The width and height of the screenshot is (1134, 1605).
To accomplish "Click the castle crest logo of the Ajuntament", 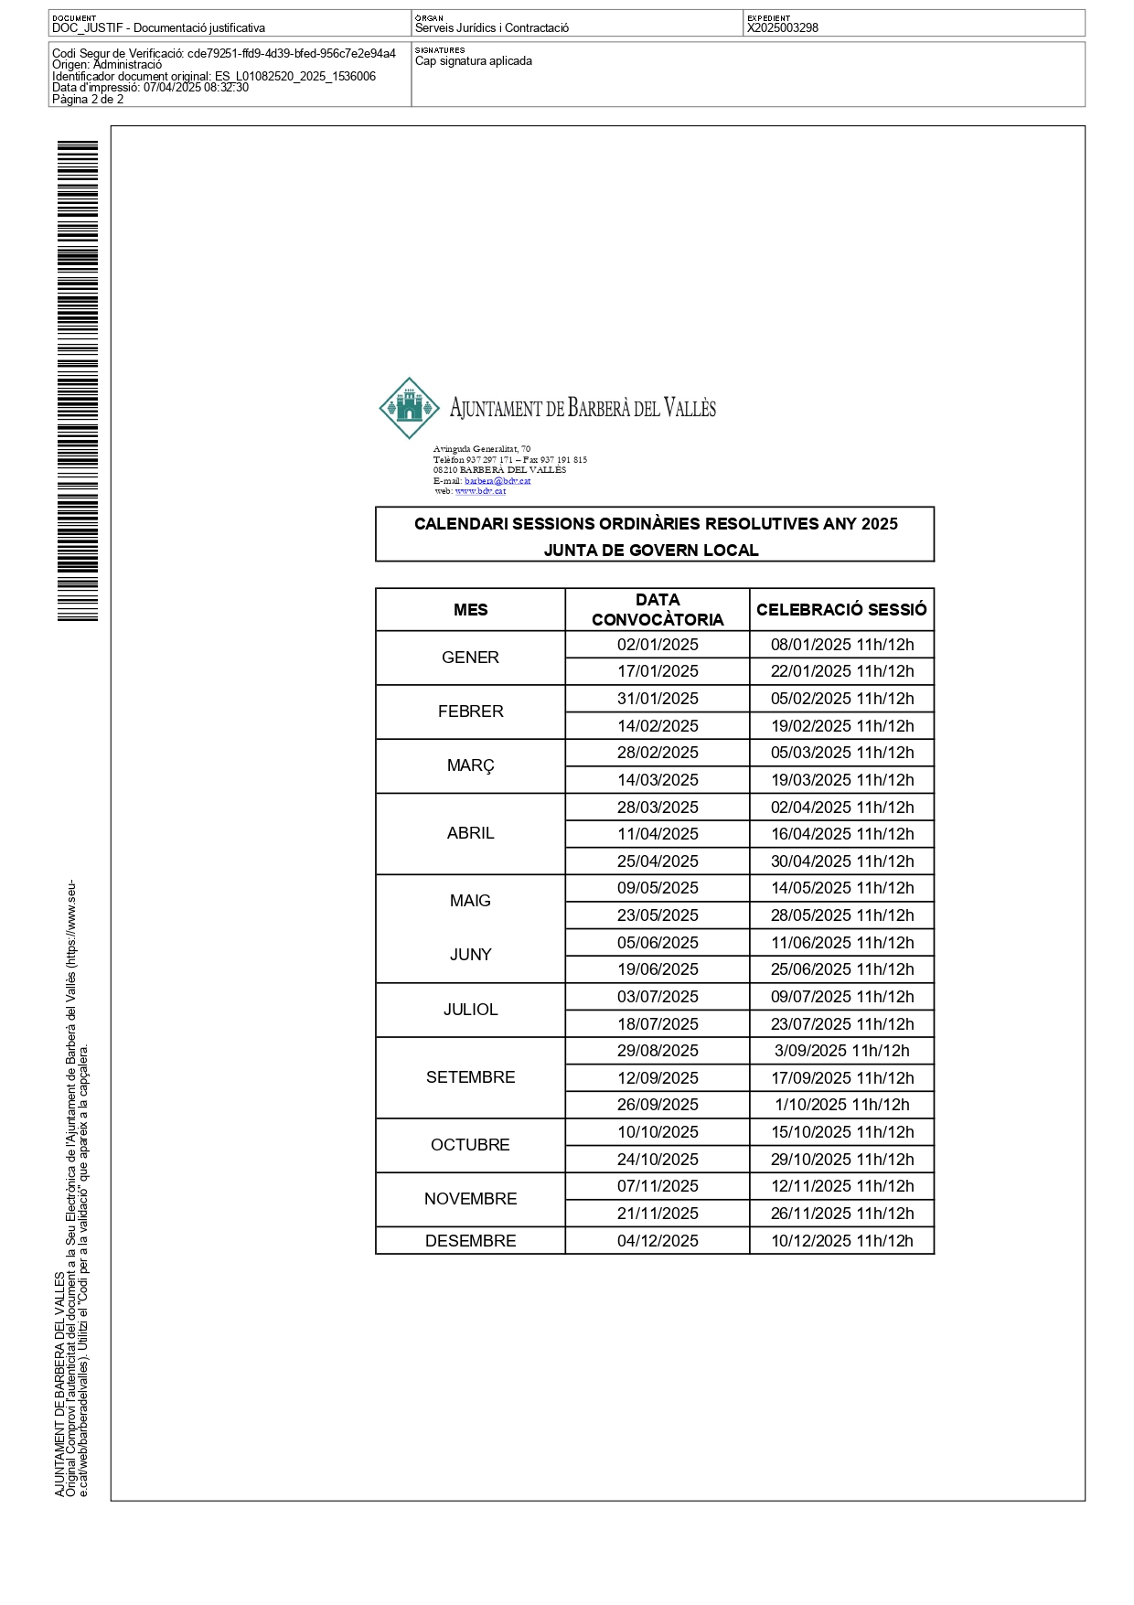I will (x=409, y=408).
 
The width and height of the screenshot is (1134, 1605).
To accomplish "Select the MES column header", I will (x=470, y=610).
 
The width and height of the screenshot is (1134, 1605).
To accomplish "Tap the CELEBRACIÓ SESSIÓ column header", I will (x=841, y=610).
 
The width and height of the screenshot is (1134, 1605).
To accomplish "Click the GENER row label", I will (x=470, y=658).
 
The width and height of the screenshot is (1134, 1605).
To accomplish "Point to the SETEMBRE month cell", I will (x=470, y=1077).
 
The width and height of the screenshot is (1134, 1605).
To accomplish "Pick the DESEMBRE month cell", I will (x=470, y=1241).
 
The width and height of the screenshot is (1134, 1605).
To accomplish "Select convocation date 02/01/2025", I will (x=658, y=645).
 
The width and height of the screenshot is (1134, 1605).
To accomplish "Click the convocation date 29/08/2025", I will (x=658, y=1051).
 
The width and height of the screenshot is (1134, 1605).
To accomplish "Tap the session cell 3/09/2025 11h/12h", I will (x=841, y=1051).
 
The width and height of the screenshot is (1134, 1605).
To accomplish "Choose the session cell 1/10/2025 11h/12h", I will (x=841, y=1105).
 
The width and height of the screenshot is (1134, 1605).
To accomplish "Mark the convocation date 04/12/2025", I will (x=658, y=1241).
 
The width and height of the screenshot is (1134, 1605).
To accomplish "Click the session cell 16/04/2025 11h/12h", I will (x=841, y=834).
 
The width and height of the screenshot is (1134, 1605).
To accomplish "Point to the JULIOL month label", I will (x=470, y=1010).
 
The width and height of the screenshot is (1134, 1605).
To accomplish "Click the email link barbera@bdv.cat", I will (x=497, y=481).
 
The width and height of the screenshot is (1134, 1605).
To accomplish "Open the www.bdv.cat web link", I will (x=480, y=491).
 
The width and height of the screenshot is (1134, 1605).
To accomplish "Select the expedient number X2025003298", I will (x=783, y=28).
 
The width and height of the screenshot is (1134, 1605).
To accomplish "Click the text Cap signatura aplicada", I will (x=474, y=61).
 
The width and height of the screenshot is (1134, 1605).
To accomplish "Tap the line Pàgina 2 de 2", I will (x=88, y=100).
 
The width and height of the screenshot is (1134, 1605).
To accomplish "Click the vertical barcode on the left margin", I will (x=78, y=380).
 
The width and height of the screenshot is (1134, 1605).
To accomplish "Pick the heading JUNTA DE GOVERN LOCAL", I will (x=651, y=551).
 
